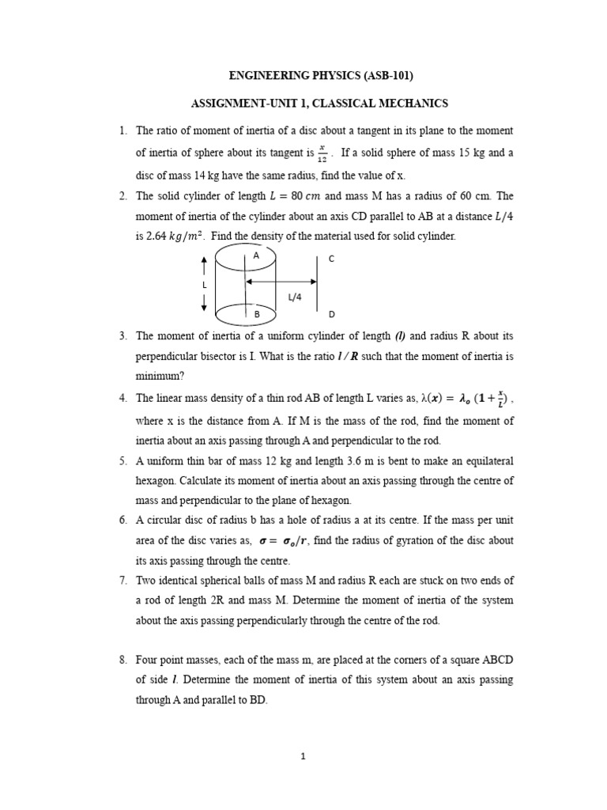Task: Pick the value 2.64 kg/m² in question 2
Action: (x=178, y=237)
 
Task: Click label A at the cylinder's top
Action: (x=256, y=256)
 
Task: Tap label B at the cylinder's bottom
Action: (x=256, y=314)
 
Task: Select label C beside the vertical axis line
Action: (x=332, y=259)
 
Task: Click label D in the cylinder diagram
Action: (x=332, y=314)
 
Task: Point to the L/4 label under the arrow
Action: (x=295, y=297)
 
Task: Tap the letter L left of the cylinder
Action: (x=204, y=284)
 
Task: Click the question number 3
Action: (x=123, y=335)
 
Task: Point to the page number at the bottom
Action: (x=303, y=755)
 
